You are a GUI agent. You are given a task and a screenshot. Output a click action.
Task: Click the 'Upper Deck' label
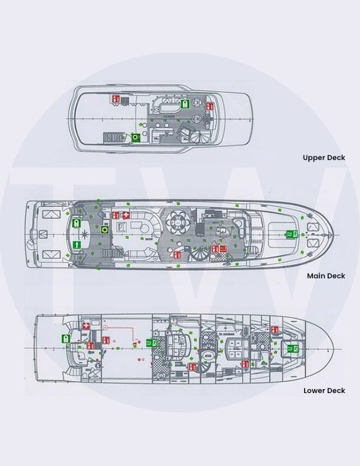pyautogui.click(x=324, y=158)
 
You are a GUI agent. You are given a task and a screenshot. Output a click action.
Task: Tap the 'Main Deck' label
pyautogui.click(x=326, y=276)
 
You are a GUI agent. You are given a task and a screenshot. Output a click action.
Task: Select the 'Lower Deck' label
pyautogui.click(x=324, y=391)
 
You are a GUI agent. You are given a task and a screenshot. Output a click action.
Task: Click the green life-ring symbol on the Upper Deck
pyautogui.click(x=136, y=137)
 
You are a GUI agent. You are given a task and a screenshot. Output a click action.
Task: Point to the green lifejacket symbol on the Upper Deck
pyautogui.click(x=185, y=104)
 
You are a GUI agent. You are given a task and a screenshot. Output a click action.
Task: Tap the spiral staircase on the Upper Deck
pyautogui.click(x=201, y=135)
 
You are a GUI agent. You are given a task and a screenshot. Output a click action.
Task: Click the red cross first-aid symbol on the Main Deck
pyautogui.click(x=126, y=215)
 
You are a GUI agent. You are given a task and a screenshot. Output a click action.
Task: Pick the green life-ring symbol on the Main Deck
pyautogui.click(x=104, y=229)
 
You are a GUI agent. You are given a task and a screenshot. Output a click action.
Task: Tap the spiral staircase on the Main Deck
pyautogui.click(x=199, y=254)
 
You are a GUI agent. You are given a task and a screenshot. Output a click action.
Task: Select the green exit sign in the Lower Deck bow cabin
pyautogui.click(x=292, y=348)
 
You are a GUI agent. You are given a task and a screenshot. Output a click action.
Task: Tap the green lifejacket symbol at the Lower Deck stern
pyautogui.click(x=66, y=338)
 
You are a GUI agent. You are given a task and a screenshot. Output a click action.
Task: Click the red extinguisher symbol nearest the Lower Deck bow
pyautogui.click(x=275, y=329)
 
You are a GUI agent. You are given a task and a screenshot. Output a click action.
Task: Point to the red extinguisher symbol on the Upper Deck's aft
pyautogui.click(x=116, y=99)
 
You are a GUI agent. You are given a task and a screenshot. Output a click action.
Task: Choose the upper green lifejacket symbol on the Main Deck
pyautogui.click(x=76, y=223)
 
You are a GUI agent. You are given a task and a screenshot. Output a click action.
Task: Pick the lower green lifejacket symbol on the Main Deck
pyautogui.click(x=76, y=245)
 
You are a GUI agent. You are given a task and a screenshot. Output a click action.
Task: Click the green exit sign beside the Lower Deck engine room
pyautogui.click(x=152, y=343)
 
